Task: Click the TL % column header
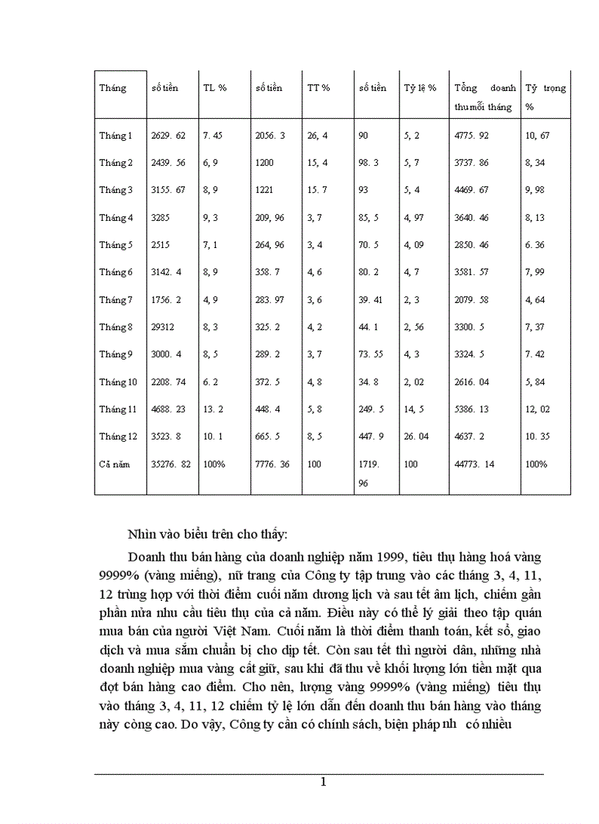point(214,88)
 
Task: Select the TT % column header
point(319,88)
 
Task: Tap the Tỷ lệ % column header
point(420,88)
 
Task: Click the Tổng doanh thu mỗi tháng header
point(484,97)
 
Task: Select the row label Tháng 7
point(116,299)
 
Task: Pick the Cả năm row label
point(114,464)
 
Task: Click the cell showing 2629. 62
point(168,136)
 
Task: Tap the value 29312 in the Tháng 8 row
point(164,327)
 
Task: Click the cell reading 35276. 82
point(171,464)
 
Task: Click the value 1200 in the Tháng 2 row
point(264,163)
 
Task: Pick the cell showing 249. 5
point(371,409)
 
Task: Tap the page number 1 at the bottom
point(323,782)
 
